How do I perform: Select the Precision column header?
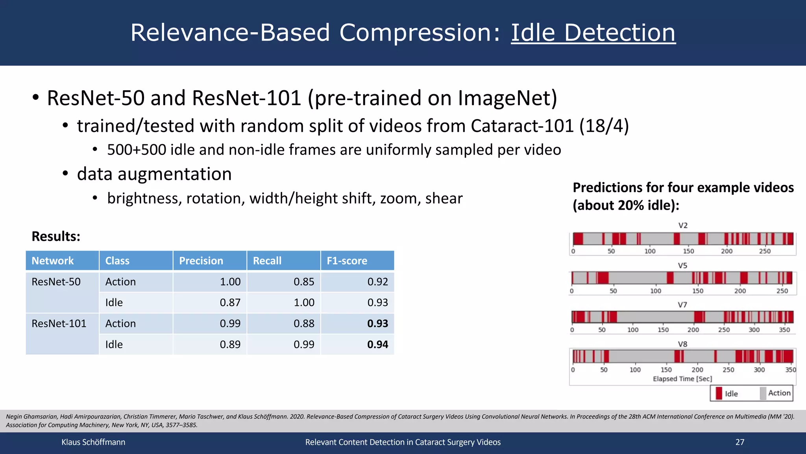(201, 261)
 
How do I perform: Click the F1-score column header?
(347, 261)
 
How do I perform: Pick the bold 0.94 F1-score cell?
(377, 344)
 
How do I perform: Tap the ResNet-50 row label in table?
(56, 282)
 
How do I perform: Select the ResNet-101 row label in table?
(59, 324)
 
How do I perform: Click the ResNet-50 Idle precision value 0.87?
(230, 303)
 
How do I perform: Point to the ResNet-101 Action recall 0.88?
(304, 324)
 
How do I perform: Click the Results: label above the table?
(56, 236)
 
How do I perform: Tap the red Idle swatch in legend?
(719, 393)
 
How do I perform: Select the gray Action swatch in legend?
(763, 393)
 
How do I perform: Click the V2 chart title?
(683, 225)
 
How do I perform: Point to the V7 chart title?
(682, 305)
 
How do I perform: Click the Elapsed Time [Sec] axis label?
(682, 379)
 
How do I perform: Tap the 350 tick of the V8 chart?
(790, 370)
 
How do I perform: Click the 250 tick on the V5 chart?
(782, 291)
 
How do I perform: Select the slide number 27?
(740, 442)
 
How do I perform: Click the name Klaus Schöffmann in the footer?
(93, 442)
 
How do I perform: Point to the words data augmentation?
(154, 174)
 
